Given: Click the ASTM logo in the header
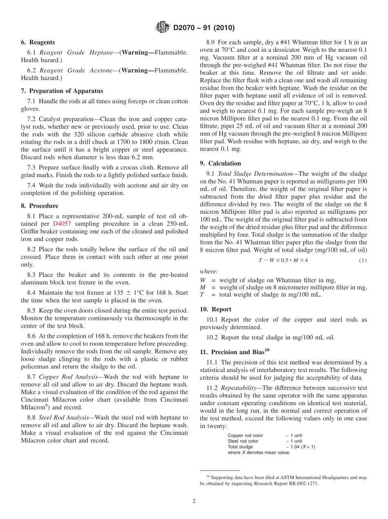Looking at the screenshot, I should tap(162, 28).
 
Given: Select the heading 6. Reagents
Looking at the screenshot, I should tap(38, 42).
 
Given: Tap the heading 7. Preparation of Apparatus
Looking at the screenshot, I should tap(62, 91).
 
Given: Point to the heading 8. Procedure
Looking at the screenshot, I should tap(40, 206).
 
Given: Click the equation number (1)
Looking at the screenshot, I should tap(363, 260).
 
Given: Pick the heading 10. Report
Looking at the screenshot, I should tap(216, 309).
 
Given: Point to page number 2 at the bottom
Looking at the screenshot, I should tap(194, 501).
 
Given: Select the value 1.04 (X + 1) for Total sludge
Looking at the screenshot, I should tap(302, 447).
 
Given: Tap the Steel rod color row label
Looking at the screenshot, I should tap(243, 441).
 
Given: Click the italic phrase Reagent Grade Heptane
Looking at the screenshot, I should tap(76, 53).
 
